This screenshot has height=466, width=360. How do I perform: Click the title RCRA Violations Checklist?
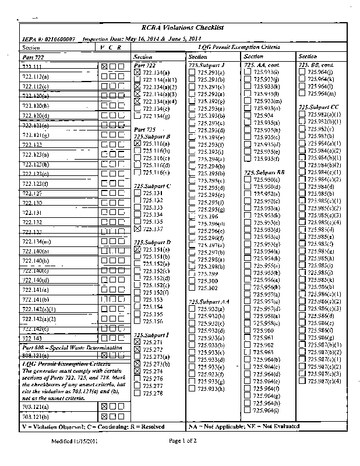pyautogui.click(x=182, y=28)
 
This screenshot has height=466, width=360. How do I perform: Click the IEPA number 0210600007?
pyautogui.click(x=56, y=38)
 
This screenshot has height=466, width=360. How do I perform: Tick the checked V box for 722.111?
pyautogui.click(x=104, y=67)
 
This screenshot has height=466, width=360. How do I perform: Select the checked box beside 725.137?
pyautogui.click(x=137, y=229)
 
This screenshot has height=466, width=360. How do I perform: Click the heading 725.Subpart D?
pyautogui.click(x=152, y=242)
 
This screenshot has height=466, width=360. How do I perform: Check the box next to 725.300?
pyautogui.click(x=192, y=281)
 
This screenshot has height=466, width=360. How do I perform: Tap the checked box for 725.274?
pyautogui.click(x=137, y=370)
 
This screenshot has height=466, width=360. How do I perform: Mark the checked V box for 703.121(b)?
pyautogui.click(x=104, y=416)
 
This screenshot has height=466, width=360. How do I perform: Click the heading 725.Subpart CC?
pyautogui.click(x=318, y=107)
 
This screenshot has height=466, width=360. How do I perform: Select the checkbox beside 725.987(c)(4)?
pyautogui.click(x=302, y=381)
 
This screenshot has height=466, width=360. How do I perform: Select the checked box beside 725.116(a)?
pyautogui.click(x=137, y=143)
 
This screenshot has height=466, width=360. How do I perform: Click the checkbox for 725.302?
pyautogui.click(x=192, y=288)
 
